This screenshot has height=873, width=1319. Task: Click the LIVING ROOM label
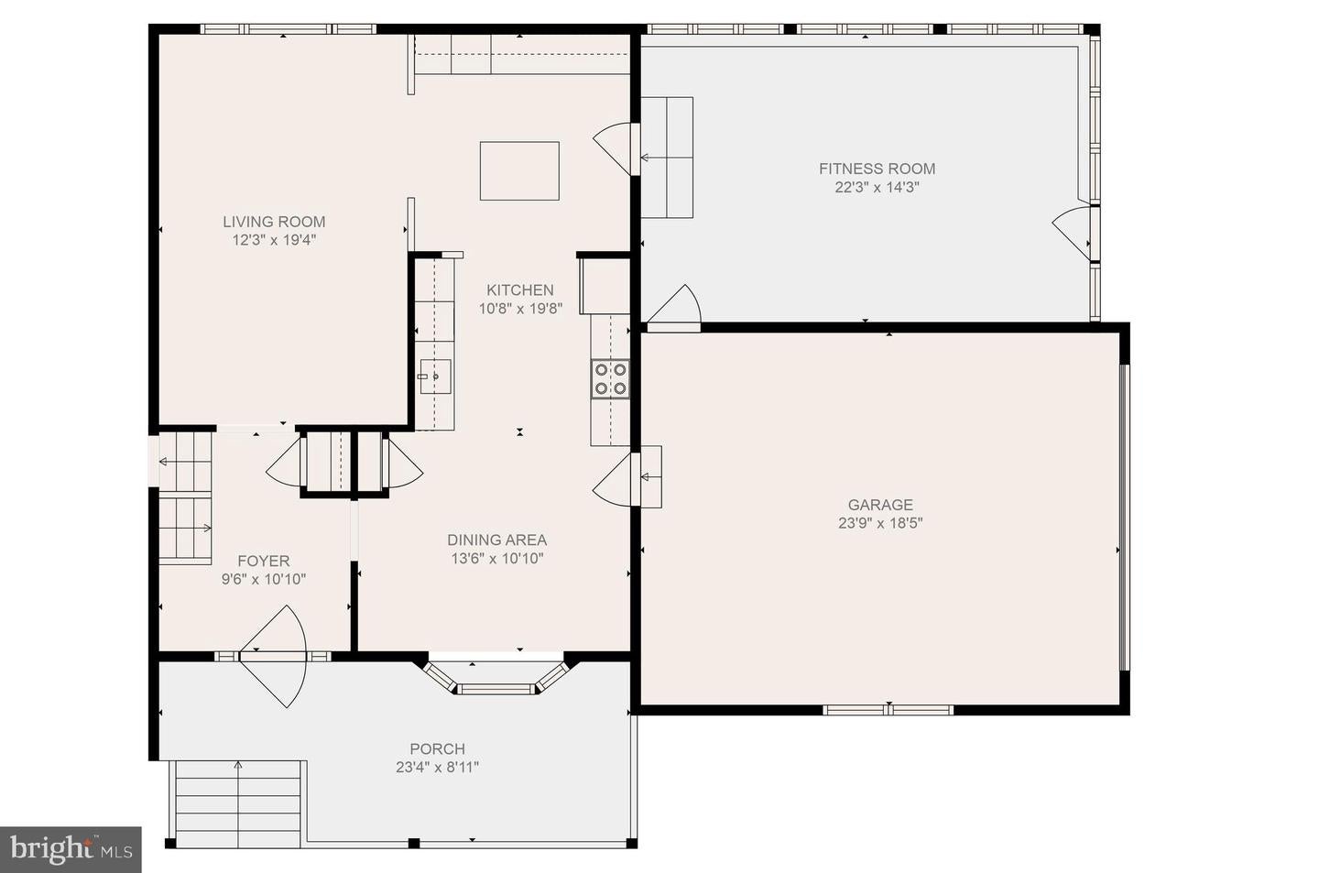(274, 222)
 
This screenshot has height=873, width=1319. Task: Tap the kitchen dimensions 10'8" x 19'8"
(519, 309)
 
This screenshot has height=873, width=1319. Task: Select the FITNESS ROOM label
(877, 169)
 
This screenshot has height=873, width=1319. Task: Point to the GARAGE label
(879, 505)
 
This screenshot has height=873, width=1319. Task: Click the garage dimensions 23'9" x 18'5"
(879, 523)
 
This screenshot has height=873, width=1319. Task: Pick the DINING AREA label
(496, 540)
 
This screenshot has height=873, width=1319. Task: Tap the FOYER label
(263, 561)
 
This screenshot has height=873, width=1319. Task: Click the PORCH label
(437, 749)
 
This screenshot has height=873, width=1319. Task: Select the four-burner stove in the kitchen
(610, 378)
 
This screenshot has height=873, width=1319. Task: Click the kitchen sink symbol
(435, 376)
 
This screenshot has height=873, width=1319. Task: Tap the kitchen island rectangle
(519, 170)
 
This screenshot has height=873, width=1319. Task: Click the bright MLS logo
(71, 849)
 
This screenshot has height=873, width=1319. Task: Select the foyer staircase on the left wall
(185, 499)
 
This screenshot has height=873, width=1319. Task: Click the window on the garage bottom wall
(888, 709)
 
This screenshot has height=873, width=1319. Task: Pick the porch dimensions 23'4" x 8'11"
(437, 768)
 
